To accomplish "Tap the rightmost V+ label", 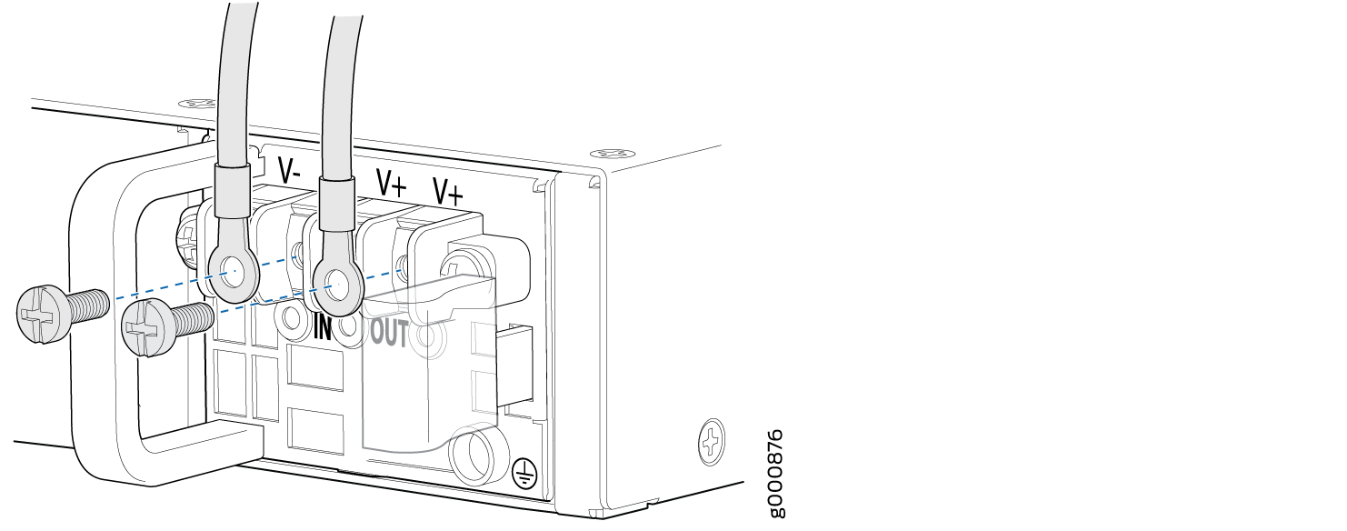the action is tap(449, 192).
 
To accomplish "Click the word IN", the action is tap(323, 327).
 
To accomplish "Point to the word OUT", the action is tap(389, 333).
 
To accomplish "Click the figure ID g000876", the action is tap(776, 474).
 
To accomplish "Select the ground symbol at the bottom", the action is tap(524, 472).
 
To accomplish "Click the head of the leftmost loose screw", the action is tap(40, 315).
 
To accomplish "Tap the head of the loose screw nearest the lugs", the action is tap(144, 328).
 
